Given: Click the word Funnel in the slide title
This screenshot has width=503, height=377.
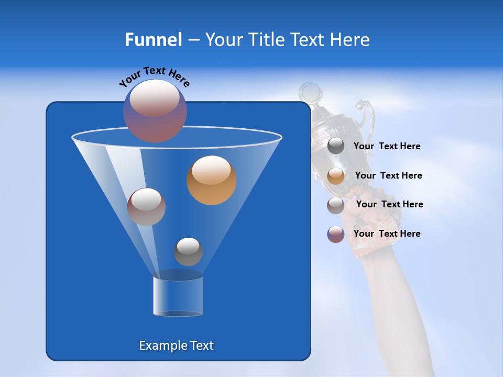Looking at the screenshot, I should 153,40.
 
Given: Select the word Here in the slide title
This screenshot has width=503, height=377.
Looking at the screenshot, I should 351,40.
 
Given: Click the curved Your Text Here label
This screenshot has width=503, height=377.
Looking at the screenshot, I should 154,76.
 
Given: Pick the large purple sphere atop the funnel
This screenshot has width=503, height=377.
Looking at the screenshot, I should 155,111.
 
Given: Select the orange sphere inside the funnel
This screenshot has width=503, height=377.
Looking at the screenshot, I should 211,180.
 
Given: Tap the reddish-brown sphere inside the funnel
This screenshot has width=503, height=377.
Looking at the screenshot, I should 146,207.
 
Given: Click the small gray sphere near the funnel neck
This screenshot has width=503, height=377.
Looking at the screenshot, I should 188,252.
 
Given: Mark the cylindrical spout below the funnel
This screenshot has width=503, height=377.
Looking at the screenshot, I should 178,296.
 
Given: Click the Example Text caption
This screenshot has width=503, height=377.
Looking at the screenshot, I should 176,346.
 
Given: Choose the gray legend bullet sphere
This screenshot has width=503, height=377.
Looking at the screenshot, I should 336,146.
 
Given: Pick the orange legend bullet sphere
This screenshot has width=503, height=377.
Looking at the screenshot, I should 336,176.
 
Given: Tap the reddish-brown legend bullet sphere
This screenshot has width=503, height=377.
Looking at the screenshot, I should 336,205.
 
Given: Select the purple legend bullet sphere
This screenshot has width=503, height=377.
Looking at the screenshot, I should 336,234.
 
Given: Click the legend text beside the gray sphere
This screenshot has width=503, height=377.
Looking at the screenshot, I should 387,147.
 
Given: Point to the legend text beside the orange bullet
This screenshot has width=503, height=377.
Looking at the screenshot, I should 388,176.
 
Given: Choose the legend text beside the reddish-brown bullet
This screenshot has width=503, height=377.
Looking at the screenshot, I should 389,205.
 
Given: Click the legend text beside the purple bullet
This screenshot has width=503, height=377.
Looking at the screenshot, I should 387,234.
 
